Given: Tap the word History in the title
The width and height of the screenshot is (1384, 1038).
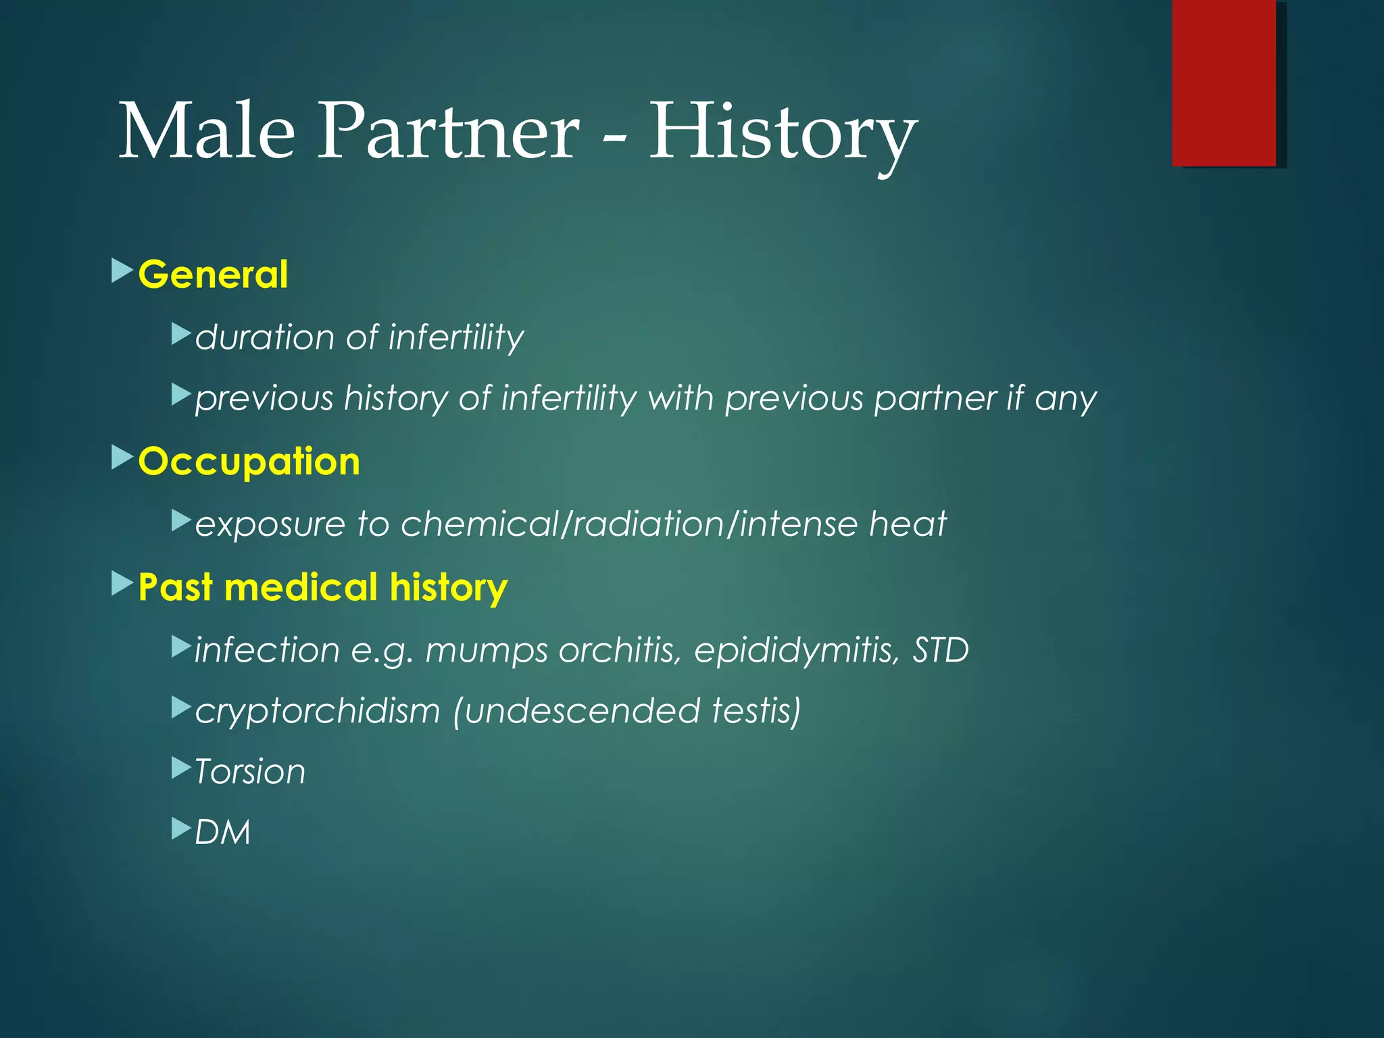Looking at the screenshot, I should click(783, 132).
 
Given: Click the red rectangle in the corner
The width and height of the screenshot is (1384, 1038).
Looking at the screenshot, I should click(1224, 83).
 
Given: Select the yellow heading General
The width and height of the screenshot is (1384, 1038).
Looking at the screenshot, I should click(213, 274).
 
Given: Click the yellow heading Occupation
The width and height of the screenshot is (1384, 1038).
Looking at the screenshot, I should click(249, 462).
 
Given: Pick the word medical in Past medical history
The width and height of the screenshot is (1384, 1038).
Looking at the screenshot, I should click(301, 587).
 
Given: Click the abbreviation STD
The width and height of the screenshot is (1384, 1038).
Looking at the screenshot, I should click(940, 649).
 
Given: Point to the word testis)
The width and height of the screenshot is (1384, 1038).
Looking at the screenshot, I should click(757, 711).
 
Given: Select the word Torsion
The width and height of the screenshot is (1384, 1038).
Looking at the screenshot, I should click(250, 772).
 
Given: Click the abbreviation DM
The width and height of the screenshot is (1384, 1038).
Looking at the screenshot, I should click(222, 832).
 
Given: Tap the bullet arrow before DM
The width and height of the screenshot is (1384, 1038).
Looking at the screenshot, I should click(182, 829).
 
